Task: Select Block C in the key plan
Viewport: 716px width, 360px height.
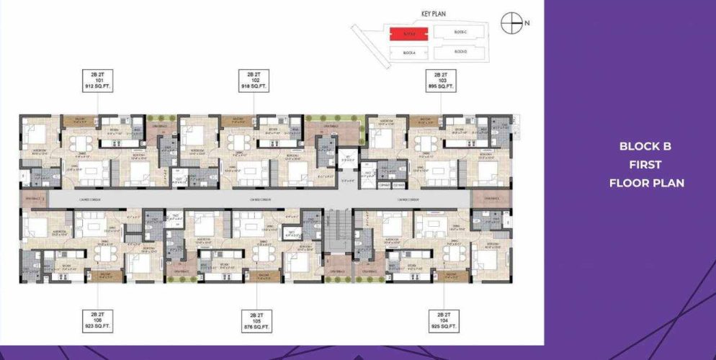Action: point(462,32)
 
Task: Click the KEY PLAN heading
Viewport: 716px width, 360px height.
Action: point(435,13)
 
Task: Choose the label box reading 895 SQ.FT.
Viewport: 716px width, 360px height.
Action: point(440,80)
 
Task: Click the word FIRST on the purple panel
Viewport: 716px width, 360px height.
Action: point(645,164)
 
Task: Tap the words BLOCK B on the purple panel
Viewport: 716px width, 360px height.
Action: point(645,146)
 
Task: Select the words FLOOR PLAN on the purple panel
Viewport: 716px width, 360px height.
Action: point(646,183)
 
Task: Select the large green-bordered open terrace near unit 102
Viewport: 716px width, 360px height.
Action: point(333,130)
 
